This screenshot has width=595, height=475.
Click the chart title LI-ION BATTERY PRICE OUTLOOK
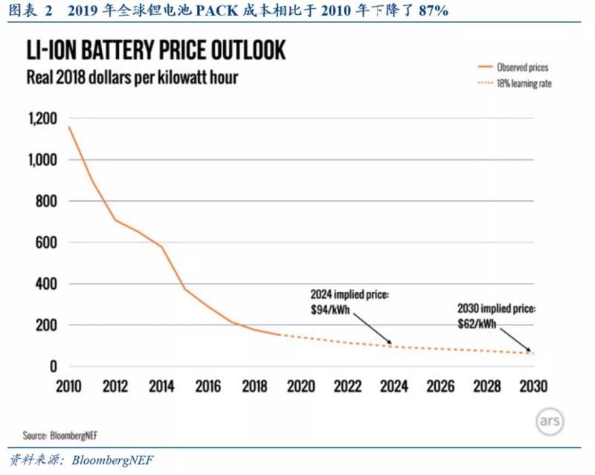click(156, 50)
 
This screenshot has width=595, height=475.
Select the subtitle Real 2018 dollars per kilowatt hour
click(132, 77)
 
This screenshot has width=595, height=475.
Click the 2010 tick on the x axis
click(68, 387)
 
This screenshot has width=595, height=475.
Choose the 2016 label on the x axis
click(210, 387)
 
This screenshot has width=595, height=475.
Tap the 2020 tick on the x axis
click(300, 387)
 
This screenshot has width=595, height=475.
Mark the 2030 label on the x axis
click(533, 387)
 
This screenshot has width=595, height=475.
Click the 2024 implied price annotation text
click(350, 295)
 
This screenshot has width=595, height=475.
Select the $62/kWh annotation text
click(477, 325)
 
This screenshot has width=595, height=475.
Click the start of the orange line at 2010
click(69, 127)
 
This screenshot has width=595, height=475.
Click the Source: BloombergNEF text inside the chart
click(61, 435)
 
